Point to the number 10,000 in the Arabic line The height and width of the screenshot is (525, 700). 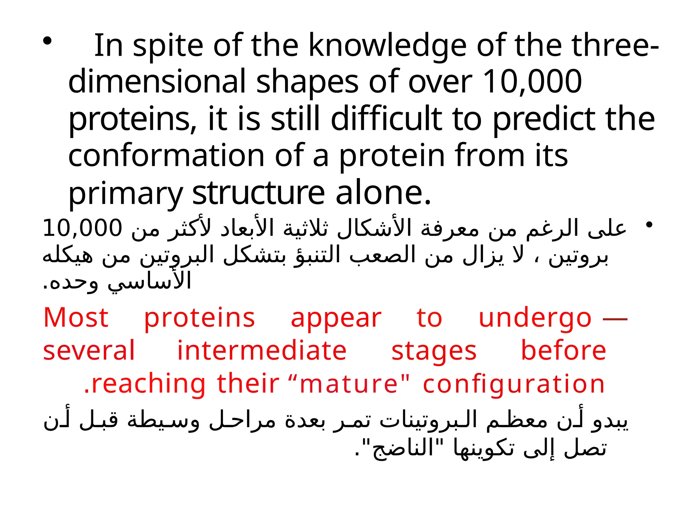pos(82,228)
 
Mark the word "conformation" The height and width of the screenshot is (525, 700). pos(166,156)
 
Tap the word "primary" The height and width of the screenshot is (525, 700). pos(125,193)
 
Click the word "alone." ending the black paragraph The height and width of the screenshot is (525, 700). pos(383,193)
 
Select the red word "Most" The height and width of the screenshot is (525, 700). pos(76,318)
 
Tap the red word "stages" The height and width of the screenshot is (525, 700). pos(434,351)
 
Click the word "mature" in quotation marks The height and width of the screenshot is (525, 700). pos(349,383)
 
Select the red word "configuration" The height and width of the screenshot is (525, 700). pos(514,384)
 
